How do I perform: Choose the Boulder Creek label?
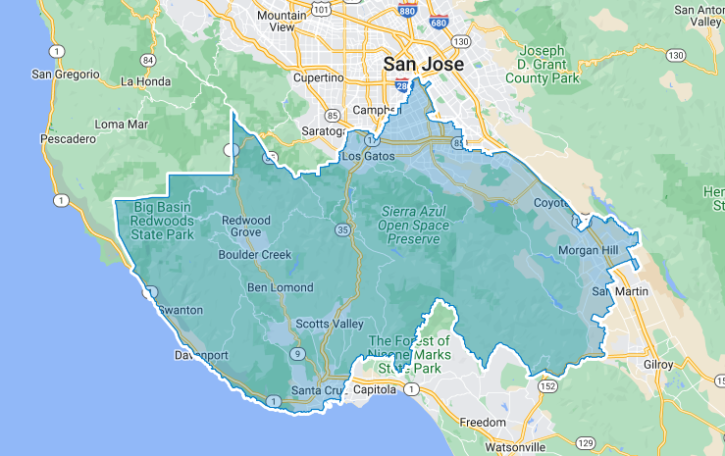255,254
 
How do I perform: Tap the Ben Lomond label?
281,287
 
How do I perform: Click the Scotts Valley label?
330,325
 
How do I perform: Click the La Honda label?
146,80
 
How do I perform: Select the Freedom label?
483,423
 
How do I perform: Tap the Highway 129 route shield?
586,443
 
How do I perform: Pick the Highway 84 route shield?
147,59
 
